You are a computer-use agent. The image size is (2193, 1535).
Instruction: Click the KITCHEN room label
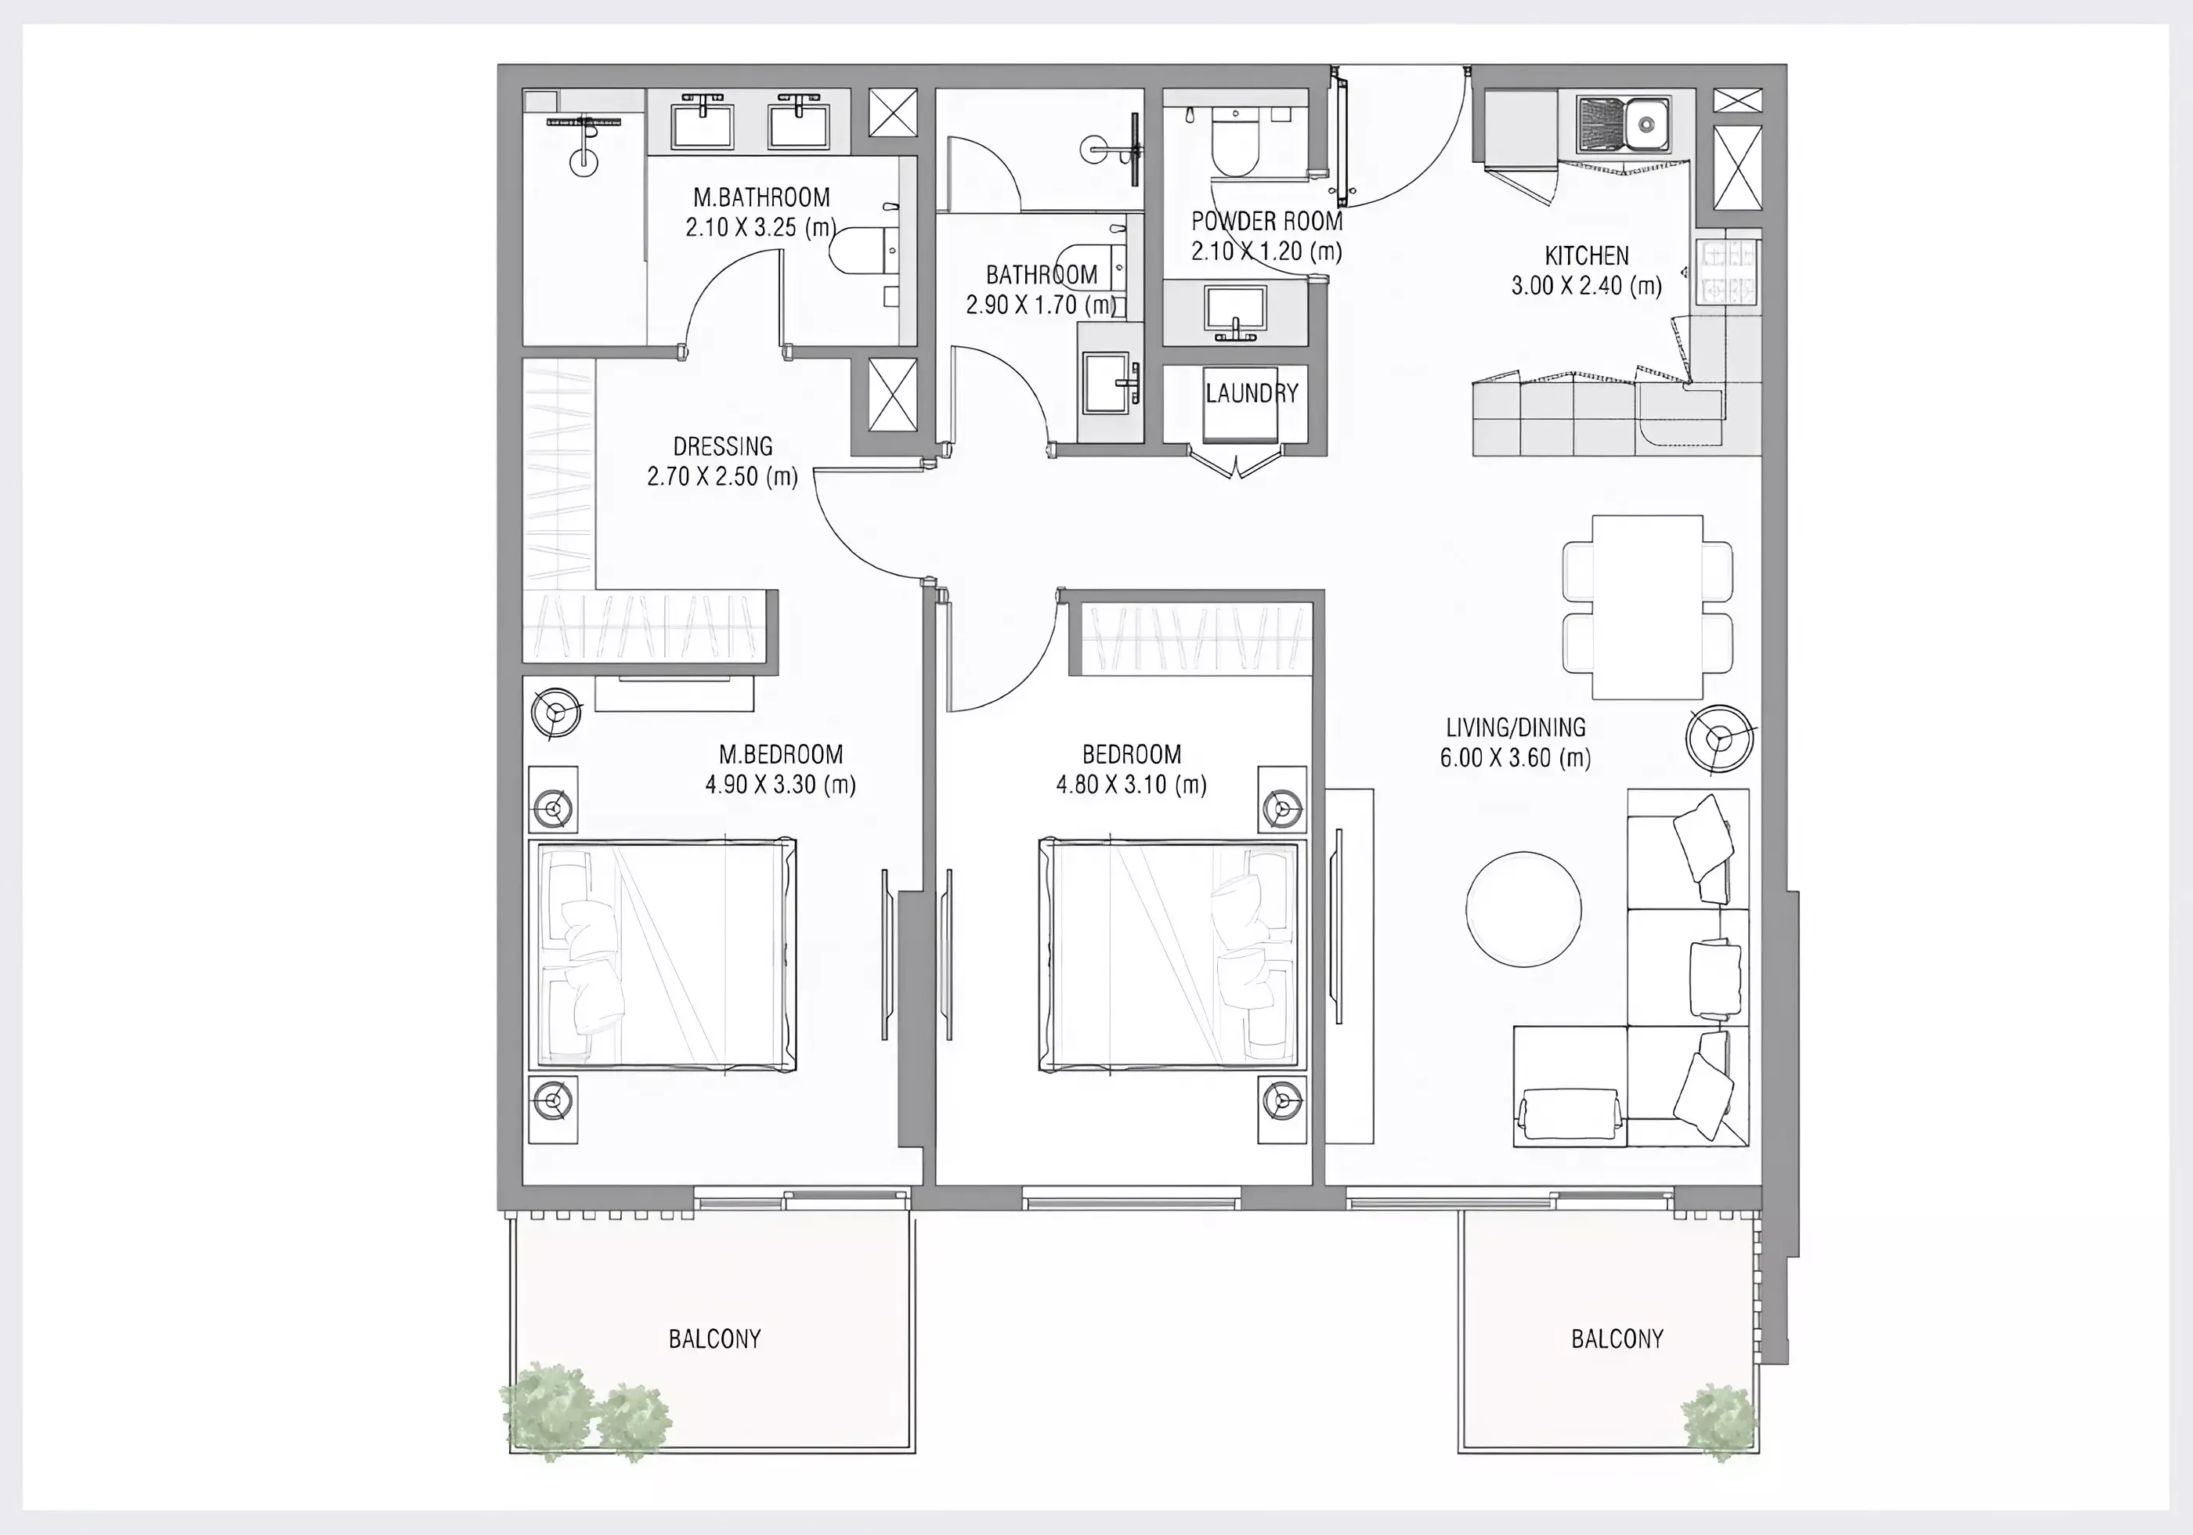point(1587,256)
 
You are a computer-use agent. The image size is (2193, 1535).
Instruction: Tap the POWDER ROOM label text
point(1266,222)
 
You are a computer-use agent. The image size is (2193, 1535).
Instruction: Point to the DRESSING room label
point(722,446)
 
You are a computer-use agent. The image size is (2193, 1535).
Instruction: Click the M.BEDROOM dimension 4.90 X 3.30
point(780,786)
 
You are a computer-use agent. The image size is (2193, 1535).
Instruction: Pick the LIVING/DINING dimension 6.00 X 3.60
point(1516,758)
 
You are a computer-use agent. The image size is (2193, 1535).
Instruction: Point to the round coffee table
point(1523,908)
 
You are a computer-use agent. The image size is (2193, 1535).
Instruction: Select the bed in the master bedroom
point(662,955)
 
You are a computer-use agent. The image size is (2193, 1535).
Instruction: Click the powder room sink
point(1235,310)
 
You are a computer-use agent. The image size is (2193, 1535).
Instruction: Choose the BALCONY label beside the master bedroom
point(714,1338)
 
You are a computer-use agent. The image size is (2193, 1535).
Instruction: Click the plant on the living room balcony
point(1718,1423)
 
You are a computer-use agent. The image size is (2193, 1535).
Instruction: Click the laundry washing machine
point(1241,406)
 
